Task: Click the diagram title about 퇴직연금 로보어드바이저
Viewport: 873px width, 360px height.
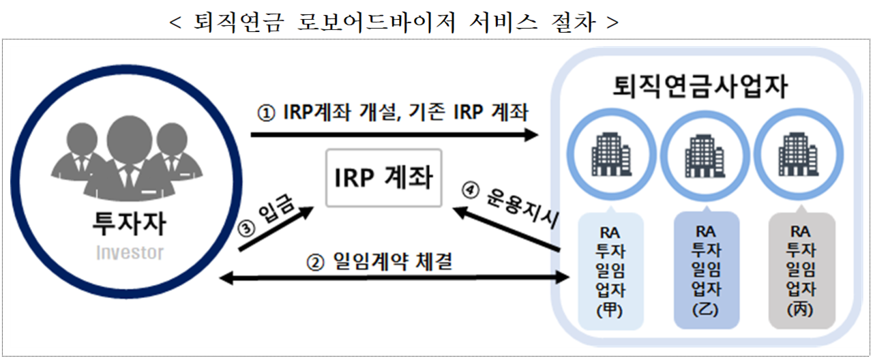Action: coord(394,22)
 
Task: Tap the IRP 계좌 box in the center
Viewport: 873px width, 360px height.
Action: coord(384,177)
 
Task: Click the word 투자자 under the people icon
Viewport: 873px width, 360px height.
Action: coord(128,224)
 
